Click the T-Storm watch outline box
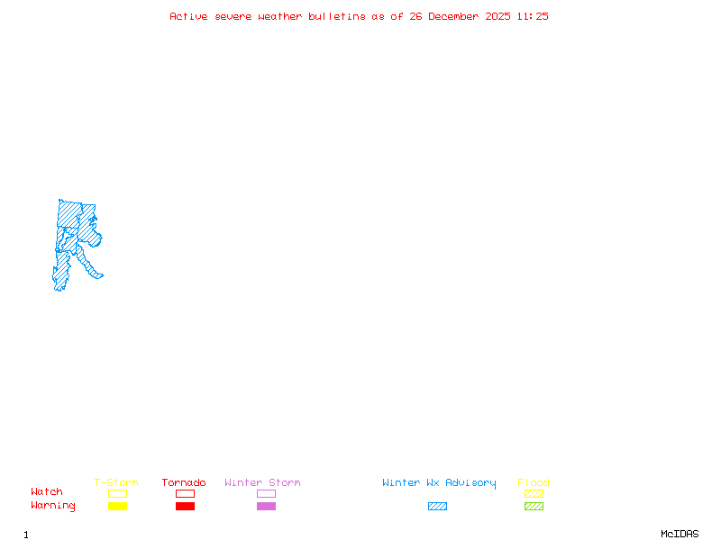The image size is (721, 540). coord(117,493)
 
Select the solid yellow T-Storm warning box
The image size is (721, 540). coord(117,506)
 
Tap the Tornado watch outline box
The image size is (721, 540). coord(185,493)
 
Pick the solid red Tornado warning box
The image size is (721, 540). coord(185,506)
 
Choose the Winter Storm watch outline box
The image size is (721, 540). coord(266,493)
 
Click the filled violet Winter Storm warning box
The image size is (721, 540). coord(266,506)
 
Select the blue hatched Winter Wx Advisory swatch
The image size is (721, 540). coord(437,506)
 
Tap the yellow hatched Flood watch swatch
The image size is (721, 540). coord(534,493)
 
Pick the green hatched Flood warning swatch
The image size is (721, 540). coord(534,506)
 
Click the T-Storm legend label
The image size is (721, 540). coord(116,482)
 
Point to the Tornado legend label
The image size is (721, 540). coord(184,482)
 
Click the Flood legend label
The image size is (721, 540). coord(534,482)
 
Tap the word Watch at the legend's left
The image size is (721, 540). coord(47,491)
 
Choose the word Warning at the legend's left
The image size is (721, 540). coord(53,506)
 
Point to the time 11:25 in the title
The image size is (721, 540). coord(532,16)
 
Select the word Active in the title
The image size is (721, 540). coord(188,16)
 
